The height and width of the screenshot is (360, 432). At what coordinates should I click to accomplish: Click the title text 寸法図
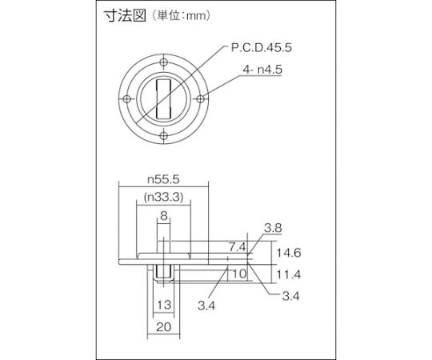pyautogui.click(x=125, y=15)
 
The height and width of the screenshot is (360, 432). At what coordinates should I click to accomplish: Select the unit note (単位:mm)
pyautogui.click(x=181, y=16)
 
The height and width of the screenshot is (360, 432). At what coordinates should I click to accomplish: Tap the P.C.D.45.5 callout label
pyautogui.click(x=261, y=48)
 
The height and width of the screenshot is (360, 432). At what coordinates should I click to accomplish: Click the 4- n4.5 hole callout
pyautogui.click(x=262, y=70)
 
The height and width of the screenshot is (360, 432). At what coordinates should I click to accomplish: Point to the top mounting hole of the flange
pyautogui.click(x=164, y=62)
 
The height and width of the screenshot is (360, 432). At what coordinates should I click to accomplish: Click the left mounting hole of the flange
pyautogui.click(x=126, y=99)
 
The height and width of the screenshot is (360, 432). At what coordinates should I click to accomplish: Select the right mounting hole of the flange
pyautogui.click(x=201, y=99)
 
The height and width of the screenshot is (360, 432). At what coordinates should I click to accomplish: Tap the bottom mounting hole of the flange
pyautogui.click(x=164, y=136)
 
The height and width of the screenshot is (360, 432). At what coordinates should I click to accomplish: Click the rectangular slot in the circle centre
pyautogui.click(x=164, y=99)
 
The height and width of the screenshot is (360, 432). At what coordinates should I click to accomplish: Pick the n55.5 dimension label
pyautogui.click(x=163, y=179)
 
